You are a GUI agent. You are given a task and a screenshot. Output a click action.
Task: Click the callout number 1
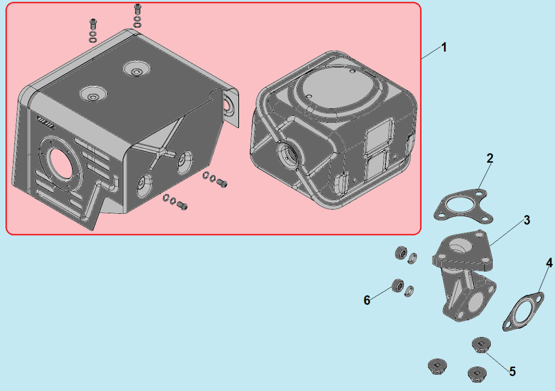click(444, 47)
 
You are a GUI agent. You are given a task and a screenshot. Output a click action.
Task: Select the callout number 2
click(489, 158)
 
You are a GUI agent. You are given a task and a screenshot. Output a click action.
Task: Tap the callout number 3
click(527, 220)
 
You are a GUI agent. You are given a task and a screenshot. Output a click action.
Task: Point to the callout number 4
click(549, 263)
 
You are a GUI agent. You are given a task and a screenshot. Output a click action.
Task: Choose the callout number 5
click(512, 371)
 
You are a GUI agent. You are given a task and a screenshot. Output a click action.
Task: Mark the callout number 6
click(367, 300)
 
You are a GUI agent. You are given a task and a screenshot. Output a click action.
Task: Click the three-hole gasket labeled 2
click(463, 207)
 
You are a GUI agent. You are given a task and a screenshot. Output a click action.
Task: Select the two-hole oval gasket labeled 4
click(523, 311)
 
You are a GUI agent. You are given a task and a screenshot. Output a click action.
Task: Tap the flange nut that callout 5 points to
click(482, 345)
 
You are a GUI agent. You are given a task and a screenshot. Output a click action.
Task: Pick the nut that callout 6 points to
click(398, 285)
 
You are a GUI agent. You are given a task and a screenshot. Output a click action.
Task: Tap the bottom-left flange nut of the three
click(437, 366)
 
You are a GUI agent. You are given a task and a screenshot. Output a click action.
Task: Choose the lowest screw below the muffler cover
click(183, 206)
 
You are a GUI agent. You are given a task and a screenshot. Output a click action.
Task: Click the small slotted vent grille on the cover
click(46, 123)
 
